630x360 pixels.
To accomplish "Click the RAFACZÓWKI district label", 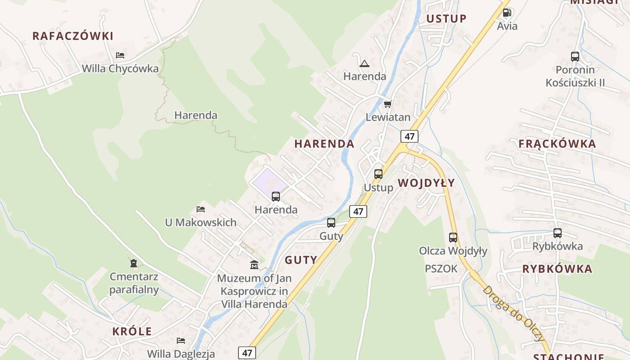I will point(73,36).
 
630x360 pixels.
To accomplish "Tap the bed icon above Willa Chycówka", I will point(120,55).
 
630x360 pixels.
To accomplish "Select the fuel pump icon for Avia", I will point(507,13).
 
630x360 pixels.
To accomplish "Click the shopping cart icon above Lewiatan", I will point(388,104).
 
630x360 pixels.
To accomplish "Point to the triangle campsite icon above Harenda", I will point(364,63).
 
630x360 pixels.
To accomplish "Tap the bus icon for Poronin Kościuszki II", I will point(575,57).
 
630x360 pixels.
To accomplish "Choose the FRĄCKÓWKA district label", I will point(557,144).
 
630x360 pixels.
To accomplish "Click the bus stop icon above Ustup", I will point(378,174).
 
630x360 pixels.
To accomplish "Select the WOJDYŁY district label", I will point(426,183).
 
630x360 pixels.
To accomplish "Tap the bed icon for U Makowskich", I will point(201,209).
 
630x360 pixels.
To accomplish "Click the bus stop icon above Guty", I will point(331,223).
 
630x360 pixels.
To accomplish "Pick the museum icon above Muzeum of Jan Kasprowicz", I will point(254,265).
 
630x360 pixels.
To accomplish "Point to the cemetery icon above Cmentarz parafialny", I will point(134,263).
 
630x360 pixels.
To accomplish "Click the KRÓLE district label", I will point(132,332).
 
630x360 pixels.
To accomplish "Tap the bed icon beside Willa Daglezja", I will point(181,341).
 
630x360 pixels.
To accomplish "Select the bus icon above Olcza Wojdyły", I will point(453,238).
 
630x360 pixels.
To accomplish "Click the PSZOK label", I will point(441,269).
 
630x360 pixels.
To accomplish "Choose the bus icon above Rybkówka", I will point(558,233).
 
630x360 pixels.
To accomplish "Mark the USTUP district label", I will point(446,18).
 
